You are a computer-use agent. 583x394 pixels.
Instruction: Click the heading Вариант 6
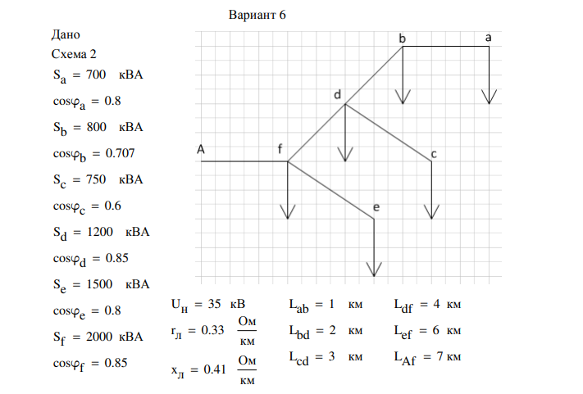254,16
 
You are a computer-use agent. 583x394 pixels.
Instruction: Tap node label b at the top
402,38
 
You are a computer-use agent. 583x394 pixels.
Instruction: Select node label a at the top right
490,38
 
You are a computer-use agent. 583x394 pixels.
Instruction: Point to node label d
337,95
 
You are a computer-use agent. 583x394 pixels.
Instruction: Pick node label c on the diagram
434,154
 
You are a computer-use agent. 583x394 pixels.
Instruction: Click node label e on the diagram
376,208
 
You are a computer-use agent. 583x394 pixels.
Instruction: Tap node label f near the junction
280,149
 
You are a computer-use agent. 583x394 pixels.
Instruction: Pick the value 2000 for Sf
98,336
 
